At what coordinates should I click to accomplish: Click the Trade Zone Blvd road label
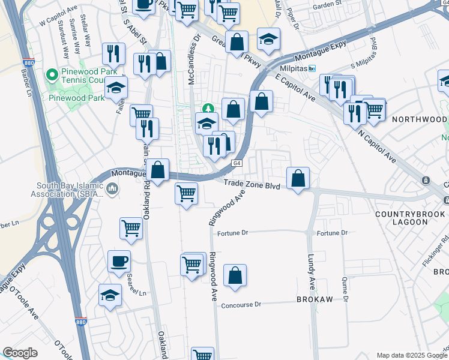tap(252, 186)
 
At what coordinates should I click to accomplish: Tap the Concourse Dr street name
tap(241, 305)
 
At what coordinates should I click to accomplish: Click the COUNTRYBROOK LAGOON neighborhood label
tap(411, 218)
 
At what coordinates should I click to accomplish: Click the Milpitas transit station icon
tap(312, 69)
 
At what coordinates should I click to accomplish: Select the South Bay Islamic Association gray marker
tap(112, 190)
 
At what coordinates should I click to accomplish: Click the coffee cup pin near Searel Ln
tap(118, 262)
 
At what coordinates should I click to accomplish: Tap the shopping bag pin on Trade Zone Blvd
tap(298, 178)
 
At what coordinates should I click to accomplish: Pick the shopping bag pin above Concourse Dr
tap(235, 276)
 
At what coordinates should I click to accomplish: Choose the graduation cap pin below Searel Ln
tap(110, 295)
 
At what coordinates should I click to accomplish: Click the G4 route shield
tap(237, 163)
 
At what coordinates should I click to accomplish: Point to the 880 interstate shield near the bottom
tap(80, 322)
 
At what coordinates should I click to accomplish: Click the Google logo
tap(20, 353)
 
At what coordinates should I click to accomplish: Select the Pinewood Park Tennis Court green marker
tap(51, 76)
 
